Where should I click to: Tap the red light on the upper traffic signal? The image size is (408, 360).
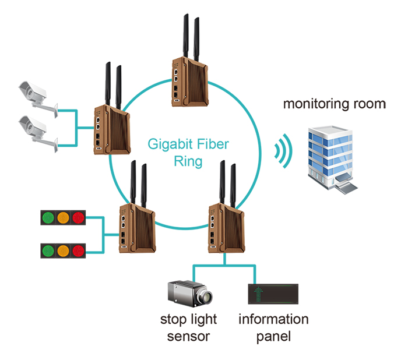click(78, 218)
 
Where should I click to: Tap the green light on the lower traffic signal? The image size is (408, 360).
click(47, 250)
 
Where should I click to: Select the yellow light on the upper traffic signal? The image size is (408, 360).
click(62, 218)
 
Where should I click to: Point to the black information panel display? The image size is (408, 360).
click(273, 294)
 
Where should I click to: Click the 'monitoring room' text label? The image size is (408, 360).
click(335, 104)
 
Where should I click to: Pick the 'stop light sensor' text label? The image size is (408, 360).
click(188, 327)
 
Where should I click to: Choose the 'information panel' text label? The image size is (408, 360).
click(273, 327)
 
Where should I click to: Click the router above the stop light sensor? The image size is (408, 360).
click(224, 224)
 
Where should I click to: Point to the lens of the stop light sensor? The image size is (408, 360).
click(205, 297)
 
